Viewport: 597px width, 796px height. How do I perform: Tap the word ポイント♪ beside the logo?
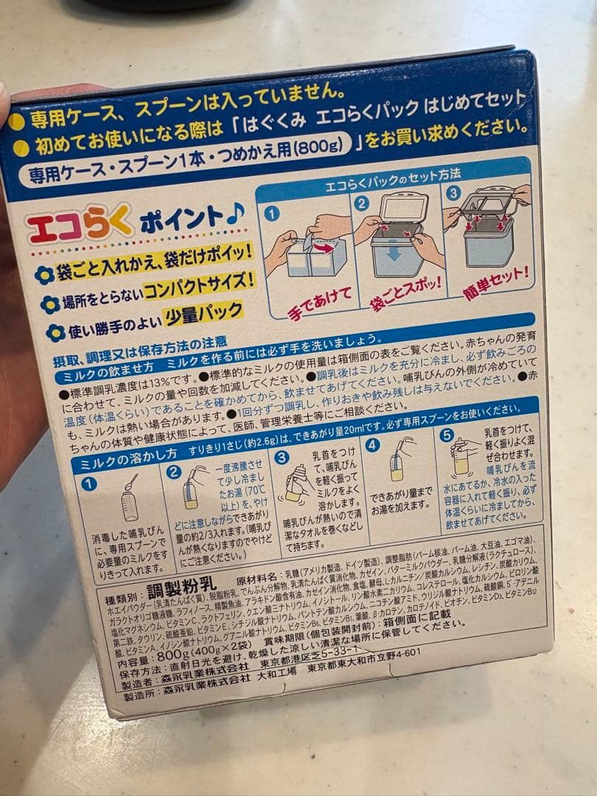pyautogui.click(x=193, y=217)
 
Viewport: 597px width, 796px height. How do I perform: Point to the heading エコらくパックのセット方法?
pyautogui.click(x=393, y=175)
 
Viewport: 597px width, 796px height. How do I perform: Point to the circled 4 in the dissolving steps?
pyautogui.click(x=373, y=444)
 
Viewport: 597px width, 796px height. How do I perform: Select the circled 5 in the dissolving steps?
pyautogui.click(x=447, y=436)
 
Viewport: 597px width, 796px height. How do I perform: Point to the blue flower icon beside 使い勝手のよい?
pyautogui.click(x=55, y=332)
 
